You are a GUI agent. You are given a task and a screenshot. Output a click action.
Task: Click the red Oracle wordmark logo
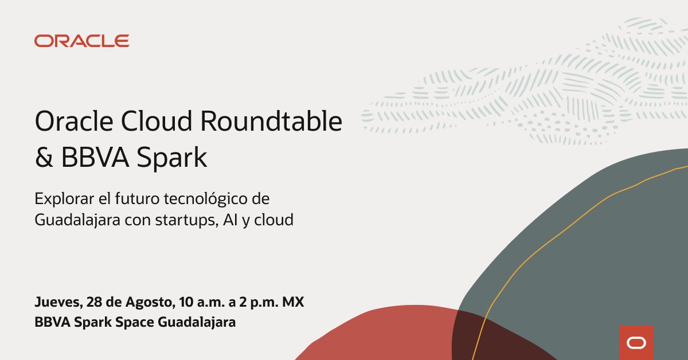(81, 41)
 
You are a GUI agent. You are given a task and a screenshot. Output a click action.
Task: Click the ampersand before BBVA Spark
(43, 158)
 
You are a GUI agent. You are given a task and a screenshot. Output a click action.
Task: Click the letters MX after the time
(292, 302)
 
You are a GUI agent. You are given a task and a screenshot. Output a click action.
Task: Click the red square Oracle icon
(636, 342)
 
